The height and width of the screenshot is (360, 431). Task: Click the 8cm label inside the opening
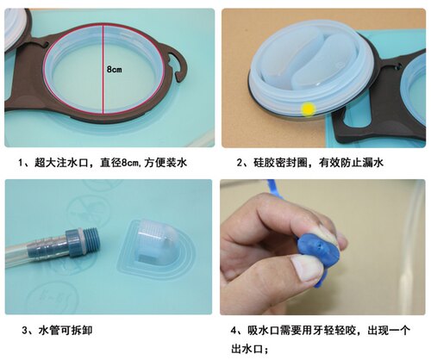[115, 69]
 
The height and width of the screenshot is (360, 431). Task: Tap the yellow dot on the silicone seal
[308, 109]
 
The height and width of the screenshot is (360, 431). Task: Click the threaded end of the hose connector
[91, 240]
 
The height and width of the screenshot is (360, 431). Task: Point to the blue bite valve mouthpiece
[318, 251]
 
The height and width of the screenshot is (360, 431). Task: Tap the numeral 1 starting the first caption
[21, 163]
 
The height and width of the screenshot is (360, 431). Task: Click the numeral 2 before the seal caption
[240, 163]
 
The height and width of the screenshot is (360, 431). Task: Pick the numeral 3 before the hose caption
[25, 331]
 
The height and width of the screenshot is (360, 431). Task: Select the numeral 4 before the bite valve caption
[234, 331]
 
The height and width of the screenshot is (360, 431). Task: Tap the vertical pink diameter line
[103, 68]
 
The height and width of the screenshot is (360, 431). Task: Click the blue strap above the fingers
[274, 189]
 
